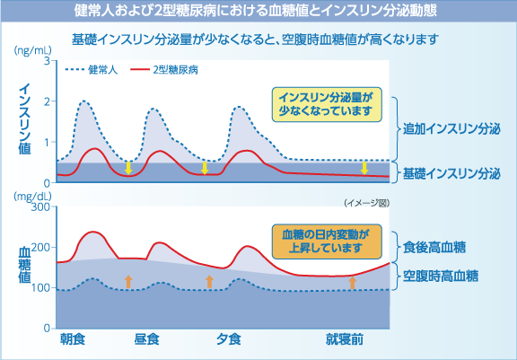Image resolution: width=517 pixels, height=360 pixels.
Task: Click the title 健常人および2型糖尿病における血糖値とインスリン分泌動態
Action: pos(258,12)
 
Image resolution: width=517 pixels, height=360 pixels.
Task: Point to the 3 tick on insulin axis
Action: pos(45,62)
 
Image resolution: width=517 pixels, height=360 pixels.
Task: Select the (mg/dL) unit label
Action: pos(32,195)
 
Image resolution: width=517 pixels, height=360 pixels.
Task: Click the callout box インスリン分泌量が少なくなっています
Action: pos(326,103)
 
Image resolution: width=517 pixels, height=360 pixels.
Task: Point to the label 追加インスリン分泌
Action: pos(450,129)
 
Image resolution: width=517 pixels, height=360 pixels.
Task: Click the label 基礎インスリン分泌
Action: pos(450,171)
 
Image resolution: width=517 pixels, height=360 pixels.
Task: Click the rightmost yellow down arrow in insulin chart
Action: pos(364,168)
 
